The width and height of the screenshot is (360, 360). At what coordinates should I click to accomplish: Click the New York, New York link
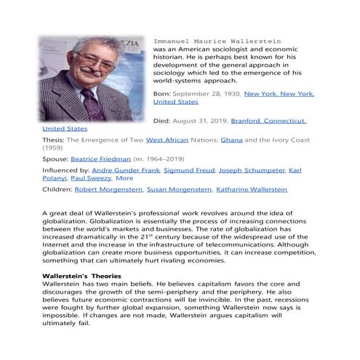279,94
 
